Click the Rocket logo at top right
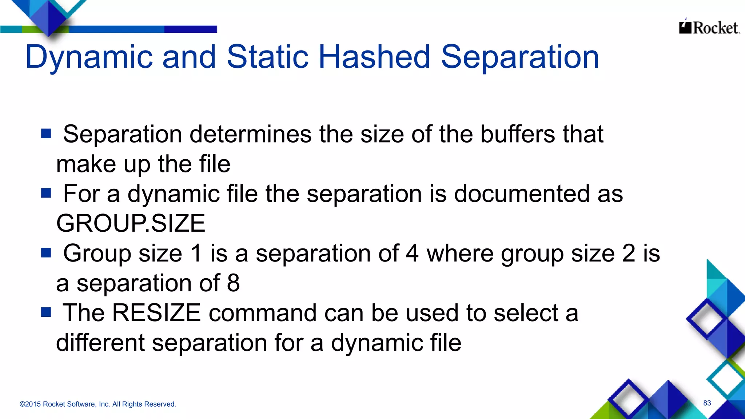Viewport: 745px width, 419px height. (709, 27)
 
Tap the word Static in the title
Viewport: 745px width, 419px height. (267, 57)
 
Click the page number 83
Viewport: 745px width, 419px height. (707, 403)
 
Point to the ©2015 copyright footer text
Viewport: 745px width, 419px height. (97, 404)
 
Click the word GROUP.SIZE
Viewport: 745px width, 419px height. (131, 223)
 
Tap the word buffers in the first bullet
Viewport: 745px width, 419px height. (518, 134)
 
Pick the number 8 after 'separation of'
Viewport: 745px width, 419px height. (233, 283)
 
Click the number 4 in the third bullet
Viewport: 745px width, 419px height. (412, 253)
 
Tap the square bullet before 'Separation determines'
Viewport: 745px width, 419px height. (46, 133)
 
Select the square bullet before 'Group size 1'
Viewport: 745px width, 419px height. (46, 252)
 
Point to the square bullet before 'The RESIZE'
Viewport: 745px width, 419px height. (46, 312)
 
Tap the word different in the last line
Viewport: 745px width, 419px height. (100, 343)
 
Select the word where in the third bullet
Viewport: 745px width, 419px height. (460, 253)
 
